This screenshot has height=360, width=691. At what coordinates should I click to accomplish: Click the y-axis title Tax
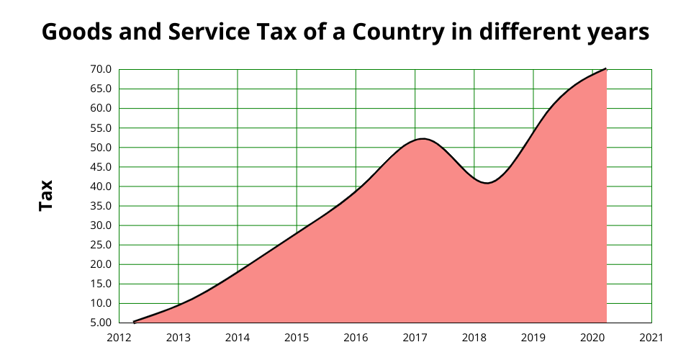pyautogui.click(x=46, y=196)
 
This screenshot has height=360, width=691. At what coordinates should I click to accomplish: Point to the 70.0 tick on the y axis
pyautogui.click(x=101, y=70)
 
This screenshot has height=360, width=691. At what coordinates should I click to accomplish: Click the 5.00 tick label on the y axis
pyautogui.click(x=101, y=323)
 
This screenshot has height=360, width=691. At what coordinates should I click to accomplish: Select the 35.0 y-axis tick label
pyautogui.click(x=101, y=206)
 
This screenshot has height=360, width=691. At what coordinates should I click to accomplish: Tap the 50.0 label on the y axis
pyautogui.click(x=101, y=148)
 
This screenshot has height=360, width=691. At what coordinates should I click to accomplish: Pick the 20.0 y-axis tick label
pyautogui.click(x=101, y=264)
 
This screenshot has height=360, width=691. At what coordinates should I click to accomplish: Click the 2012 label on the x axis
pyautogui.click(x=119, y=337)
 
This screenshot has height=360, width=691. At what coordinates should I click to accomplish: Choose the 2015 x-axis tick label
pyautogui.click(x=297, y=337)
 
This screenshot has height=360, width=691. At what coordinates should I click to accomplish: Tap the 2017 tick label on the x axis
pyautogui.click(x=415, y=337)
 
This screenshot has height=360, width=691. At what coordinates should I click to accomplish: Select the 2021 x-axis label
pyautogui.click(x=651, y=337)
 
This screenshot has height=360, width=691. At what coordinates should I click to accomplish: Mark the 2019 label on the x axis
pyautogui.click(x=533, y=337)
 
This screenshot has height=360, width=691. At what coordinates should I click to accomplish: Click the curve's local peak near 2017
pyautogui.click(x=422, y=139)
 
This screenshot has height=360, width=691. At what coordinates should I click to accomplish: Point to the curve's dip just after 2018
pyautogui.click(x=487, y=183)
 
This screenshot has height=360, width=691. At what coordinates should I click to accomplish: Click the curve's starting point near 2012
pyautogui.click(x=134, y=322)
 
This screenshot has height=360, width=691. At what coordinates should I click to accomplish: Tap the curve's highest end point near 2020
pyautogui.click(x=606, y=69)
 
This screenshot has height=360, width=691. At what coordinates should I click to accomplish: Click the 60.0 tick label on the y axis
pyautogui.click(x=101, y=109)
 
